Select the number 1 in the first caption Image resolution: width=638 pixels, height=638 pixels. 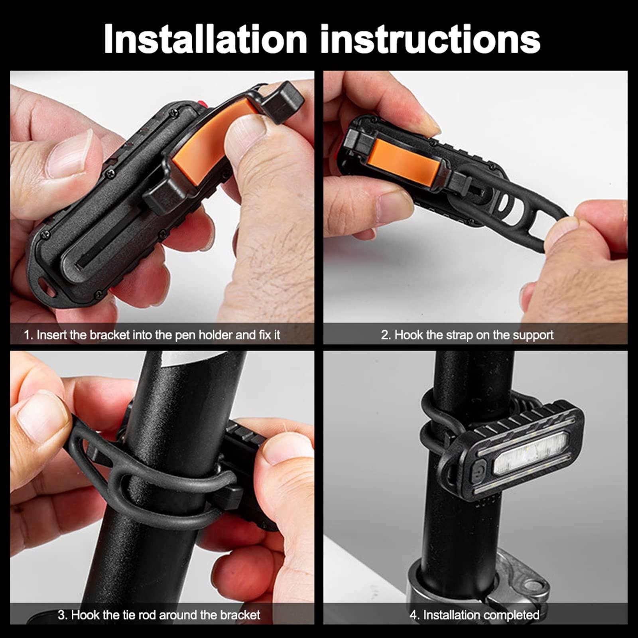(x=27, y=335)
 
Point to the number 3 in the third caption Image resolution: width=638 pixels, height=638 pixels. (x=61, y=614)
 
